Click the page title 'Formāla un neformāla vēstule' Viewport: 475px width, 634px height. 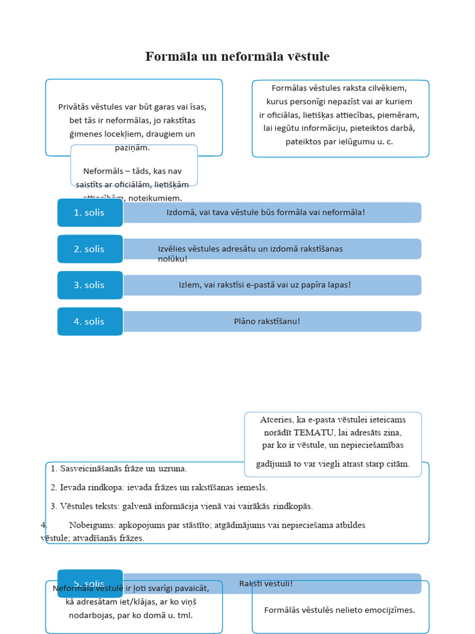[x=237, y=57]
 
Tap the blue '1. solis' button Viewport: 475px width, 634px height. [x=90, y=212]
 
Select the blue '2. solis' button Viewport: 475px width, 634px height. [x=90, y=249]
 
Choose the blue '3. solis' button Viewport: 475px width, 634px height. [x=90, y=285]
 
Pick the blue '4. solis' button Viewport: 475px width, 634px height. [x=90, y=321]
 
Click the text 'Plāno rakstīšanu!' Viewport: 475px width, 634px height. [x=267, y=321]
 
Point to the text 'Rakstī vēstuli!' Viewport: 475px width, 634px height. [x=266, y=583]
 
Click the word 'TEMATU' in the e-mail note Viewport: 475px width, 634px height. [x=315, y=432]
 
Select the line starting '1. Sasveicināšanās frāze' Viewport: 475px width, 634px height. [x=119, y=469]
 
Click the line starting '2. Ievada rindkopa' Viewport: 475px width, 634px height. [x=159, y=487]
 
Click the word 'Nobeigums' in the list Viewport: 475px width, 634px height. [x=92, y=525]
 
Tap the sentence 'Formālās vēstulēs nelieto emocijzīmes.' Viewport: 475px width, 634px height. [x=340, y=610]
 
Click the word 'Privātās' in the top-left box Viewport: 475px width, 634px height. [x=74, y=106]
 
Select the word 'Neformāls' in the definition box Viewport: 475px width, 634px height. [x=103, y=171]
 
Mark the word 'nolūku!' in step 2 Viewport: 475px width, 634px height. [x=173, y=258]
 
